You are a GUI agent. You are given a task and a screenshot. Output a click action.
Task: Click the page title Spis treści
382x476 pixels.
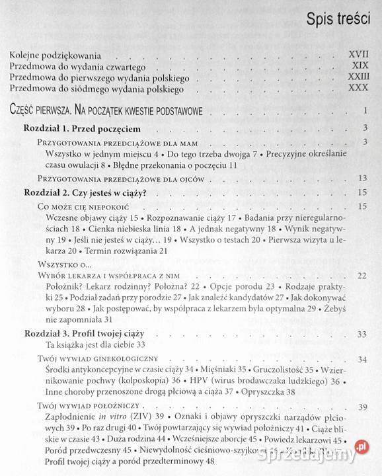coord(337,19)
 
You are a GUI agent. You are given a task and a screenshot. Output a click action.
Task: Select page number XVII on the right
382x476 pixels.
coord(358,55)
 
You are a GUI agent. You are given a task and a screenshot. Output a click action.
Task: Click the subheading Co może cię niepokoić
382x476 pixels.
coord(77,208)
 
